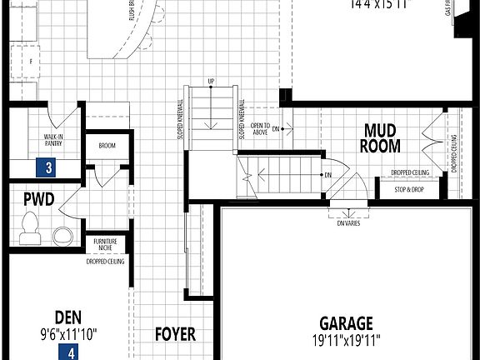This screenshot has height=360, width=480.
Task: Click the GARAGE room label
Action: coord(346,322)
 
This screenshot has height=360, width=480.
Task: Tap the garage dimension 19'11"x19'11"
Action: coord(346,340)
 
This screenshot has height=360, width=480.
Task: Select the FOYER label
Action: coord(176,334)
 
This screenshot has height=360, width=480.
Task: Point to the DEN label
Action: coord(67,317)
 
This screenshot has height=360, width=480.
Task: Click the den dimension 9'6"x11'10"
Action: coord(68,334)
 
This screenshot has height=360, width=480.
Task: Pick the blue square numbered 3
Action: coord(49,167)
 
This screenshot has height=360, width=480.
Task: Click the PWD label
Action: coord(39,200)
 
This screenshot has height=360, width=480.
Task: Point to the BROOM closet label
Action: coord(106,146)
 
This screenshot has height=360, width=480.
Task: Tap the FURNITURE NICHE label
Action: coord(105,244)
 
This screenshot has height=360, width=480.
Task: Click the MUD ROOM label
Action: coord(382,138)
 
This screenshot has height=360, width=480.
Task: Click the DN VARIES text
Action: coord(348,223)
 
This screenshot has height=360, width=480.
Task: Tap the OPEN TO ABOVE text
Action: coord(260,128)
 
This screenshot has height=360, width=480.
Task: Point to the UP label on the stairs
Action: coord(212,81)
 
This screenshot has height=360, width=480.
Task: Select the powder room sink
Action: coord(62,232)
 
